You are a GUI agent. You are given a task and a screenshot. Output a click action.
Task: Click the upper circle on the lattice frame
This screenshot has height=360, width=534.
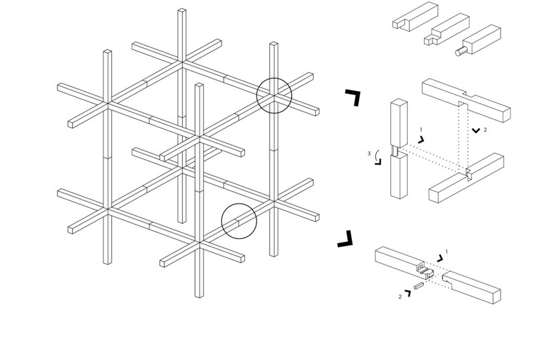tap(274, 95)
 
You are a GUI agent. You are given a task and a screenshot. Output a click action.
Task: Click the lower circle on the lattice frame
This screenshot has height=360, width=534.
tap(239, 221)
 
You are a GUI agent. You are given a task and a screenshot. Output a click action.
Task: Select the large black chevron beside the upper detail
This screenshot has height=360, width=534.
tap(353, 98)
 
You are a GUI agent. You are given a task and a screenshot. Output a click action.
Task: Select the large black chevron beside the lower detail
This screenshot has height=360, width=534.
tap(345, 239)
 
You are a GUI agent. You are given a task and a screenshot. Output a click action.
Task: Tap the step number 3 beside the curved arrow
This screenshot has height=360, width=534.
tap(369, 154)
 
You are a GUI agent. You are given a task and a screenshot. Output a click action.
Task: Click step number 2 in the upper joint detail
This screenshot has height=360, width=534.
tap(485, 130)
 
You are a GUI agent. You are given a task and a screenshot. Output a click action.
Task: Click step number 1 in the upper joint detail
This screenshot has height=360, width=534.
tap(421, 130)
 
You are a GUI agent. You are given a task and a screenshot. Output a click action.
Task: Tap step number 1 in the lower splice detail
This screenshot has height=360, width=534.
tap(446, 252)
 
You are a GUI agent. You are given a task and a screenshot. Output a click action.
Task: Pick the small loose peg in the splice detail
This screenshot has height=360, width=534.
tap(419, 286)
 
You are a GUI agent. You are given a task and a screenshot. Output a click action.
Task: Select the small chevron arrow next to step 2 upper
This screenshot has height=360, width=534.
tap(475, 130)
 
